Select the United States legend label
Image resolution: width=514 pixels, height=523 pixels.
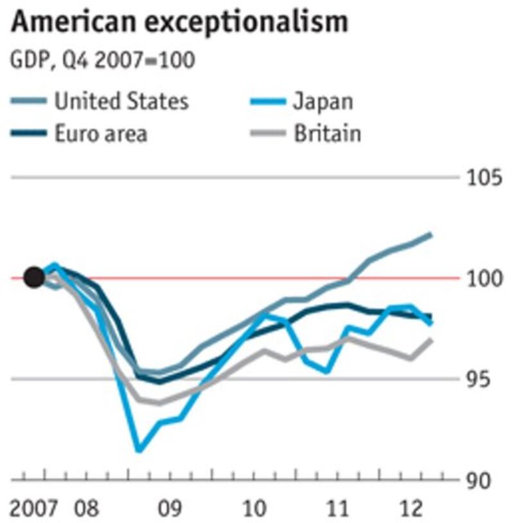click(x=121, y=101)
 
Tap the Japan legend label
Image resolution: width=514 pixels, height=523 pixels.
click(x=323, y=101)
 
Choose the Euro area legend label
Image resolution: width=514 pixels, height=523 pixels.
click(x=101, y=134)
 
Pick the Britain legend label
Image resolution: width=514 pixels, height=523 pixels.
click(x=327, y=134)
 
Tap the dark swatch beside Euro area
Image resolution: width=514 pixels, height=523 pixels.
click(x=30, y=134)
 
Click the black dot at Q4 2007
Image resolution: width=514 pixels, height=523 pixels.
click(x=34, y=277)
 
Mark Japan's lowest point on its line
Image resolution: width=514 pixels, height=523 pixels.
click(x=139, y=450)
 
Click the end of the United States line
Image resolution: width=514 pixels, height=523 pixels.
click(x=430, y=235)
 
